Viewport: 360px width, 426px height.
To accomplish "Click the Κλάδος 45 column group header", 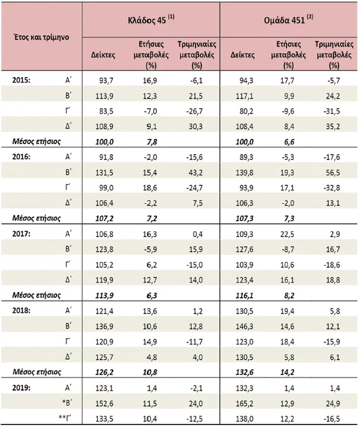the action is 151,20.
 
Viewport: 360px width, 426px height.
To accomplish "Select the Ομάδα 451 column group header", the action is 288,20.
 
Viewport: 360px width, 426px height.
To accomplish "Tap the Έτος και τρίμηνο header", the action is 41,37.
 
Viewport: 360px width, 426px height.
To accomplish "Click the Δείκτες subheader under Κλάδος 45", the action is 103,55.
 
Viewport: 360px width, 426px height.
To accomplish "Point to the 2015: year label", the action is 21,81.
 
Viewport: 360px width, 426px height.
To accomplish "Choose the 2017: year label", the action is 21,234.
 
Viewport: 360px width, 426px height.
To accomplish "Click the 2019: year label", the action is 21,388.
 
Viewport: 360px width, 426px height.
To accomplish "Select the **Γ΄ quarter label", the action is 65,418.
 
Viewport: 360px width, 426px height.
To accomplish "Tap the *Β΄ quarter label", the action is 67,403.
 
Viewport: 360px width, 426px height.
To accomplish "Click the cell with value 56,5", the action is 333,173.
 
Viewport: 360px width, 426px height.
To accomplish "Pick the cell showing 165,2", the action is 244,403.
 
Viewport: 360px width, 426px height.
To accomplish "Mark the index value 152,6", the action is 105,403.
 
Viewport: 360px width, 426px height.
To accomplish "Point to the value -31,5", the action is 332,111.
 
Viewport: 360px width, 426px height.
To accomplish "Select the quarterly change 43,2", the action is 195,173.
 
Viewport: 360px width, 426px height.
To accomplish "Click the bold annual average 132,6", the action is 244,372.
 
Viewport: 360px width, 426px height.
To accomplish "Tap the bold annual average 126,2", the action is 105,372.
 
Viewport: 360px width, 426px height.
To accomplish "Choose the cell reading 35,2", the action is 333,127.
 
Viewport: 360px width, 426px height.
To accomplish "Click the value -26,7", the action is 194,111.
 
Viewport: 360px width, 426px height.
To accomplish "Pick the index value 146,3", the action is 244,326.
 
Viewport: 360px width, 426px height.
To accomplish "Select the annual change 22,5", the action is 287,234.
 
